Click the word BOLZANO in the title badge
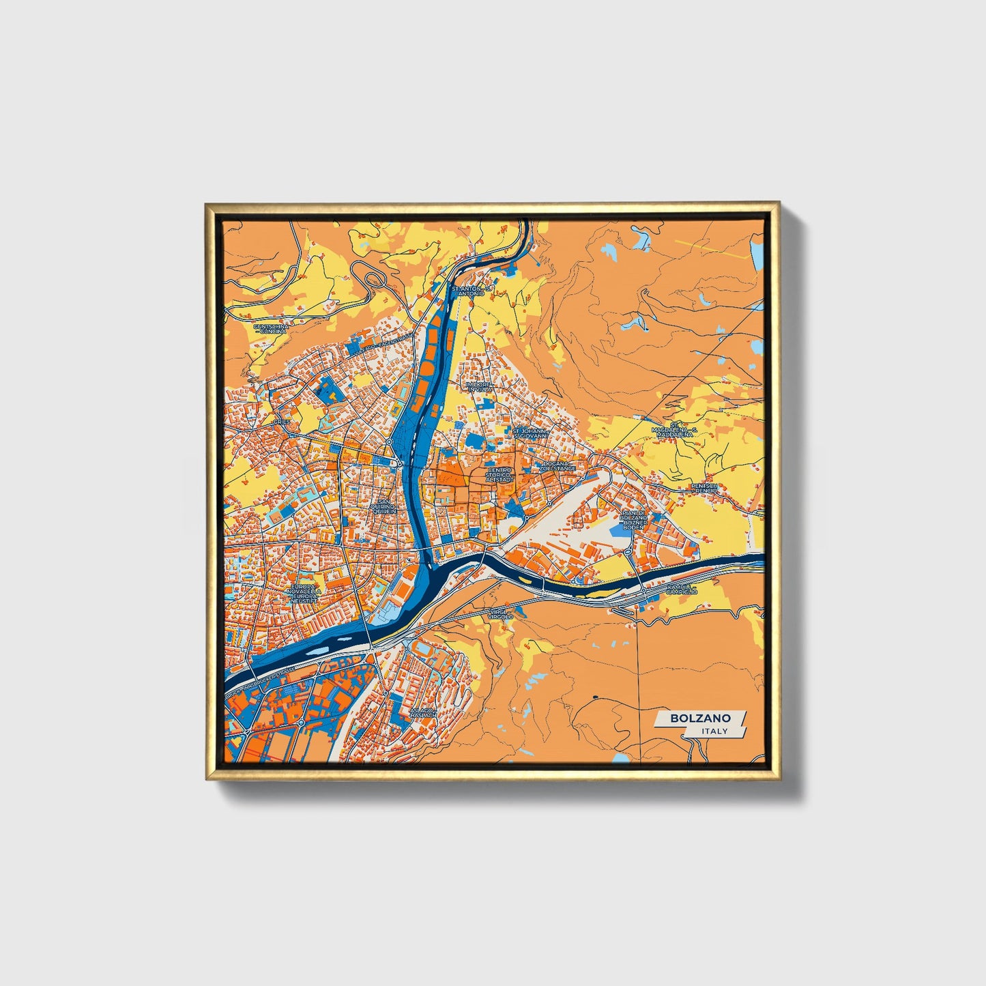click(x=700, y=718)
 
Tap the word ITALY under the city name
click(x=714, y=731)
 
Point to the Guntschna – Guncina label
click(x=271, y=328)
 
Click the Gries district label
click(x=282, y=422)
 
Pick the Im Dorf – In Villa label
click(x=478, y=386)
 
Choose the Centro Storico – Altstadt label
click(x=499, y=475)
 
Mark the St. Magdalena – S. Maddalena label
click(x=673, y=431)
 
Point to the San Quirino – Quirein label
click(x=383, y=507)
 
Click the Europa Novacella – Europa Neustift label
click(x=304, y=593)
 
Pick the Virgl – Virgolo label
click(x=500, y=615)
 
